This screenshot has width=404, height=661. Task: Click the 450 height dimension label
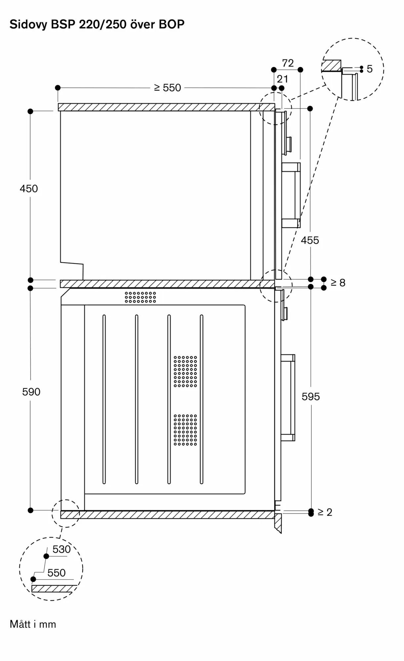(29, 189)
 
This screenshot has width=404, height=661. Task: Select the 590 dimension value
(31, 392)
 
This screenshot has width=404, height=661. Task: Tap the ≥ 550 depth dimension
(168, 88)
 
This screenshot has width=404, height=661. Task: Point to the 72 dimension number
(288, 63)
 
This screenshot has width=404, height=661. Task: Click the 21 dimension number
(282, 79)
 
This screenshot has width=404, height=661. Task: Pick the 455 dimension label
(310, 240)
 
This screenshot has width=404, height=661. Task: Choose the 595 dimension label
(310, 397)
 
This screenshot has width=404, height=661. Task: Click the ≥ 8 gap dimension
(338, 283)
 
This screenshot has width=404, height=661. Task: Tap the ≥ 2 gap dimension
(325, 512)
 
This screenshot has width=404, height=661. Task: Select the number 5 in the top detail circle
(370, 69)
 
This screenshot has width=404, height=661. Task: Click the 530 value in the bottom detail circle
(61, 549)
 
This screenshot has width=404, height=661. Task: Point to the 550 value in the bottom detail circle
(57, 573)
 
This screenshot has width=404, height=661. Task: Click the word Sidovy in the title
(28, 24)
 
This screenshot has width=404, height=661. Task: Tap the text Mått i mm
(33, 624)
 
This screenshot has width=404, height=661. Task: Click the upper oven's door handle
(291, 195)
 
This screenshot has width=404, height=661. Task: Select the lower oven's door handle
(288, 398)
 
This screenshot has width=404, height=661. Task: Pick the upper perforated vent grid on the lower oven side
(185, 371)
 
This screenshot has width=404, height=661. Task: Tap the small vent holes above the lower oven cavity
(140, 297)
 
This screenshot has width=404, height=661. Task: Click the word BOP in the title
(172, 24)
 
